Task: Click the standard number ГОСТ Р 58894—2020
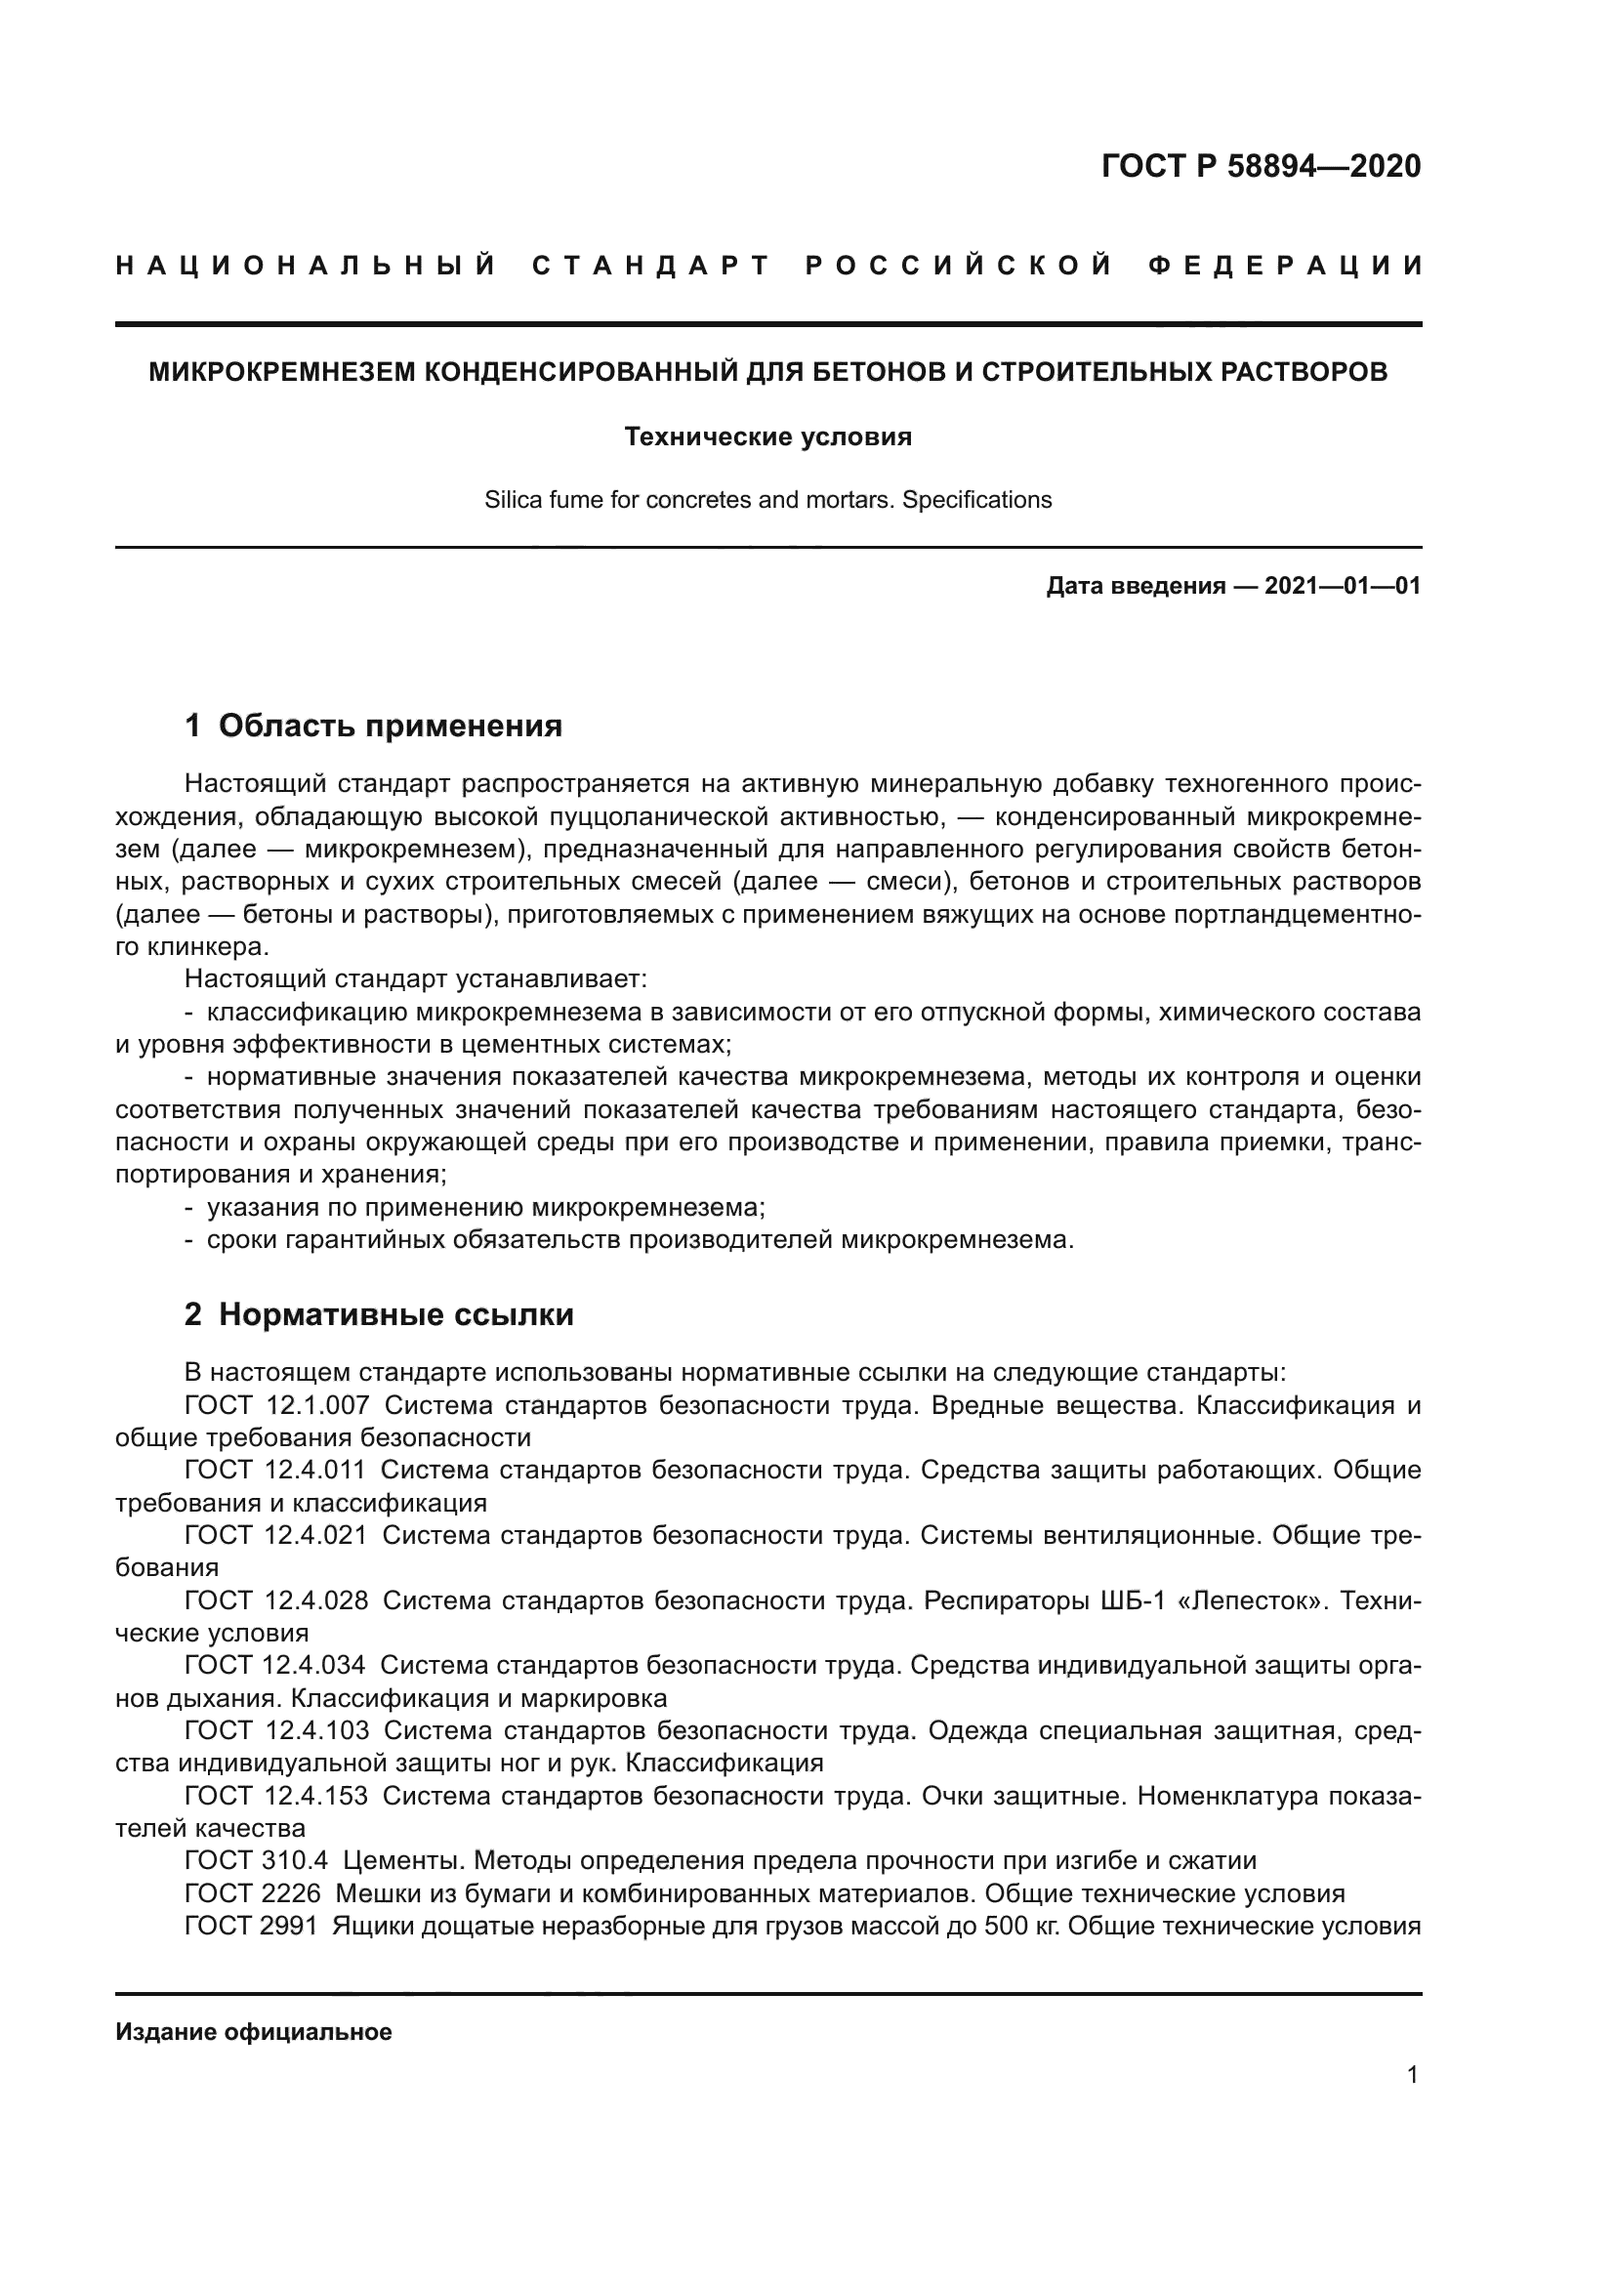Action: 1261,166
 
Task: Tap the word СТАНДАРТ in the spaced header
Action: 651,266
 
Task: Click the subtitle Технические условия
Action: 767,436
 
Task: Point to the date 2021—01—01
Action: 1343,586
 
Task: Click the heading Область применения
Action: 390,726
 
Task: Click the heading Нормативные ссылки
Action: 395,1314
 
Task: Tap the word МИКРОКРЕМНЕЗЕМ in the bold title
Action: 283,372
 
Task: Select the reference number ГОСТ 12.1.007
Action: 276,1405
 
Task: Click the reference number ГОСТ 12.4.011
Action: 275,1471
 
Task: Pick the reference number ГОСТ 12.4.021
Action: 275,1535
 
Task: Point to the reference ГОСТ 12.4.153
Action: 275,1796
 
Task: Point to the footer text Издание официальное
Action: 254,2032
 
